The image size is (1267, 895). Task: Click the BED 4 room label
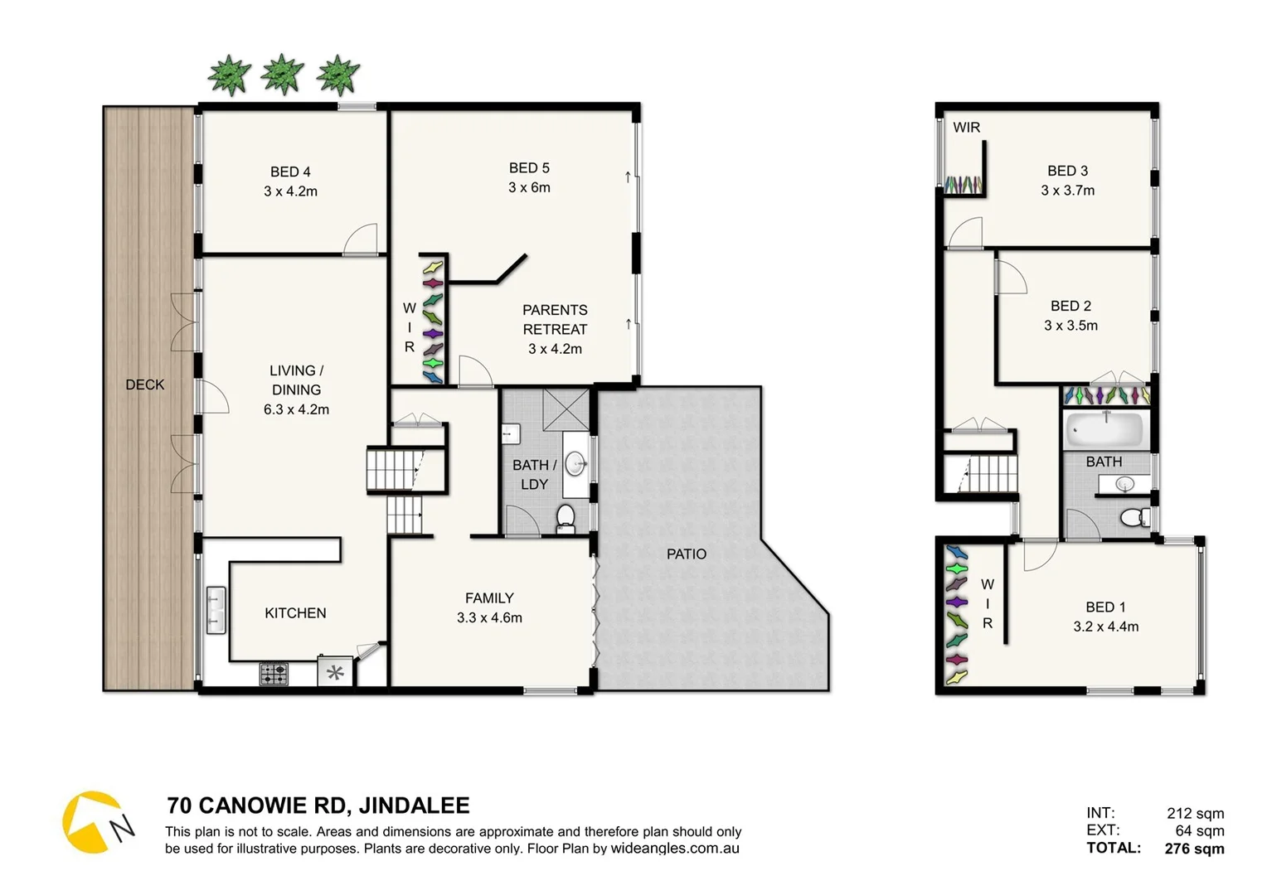(x=290, y=172)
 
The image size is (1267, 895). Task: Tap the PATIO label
(x=687, y=554)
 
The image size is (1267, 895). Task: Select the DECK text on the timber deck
(x=145, y=385)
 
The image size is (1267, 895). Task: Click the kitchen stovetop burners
(x=274, y=673)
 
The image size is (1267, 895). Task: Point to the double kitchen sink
(x=216, y=610)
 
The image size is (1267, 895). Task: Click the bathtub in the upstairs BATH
(x=1104, y=430)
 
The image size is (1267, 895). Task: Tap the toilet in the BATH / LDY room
(x=566, y=518)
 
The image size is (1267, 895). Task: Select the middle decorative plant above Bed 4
(x=283, y=75)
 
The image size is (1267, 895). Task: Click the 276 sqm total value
(x=1194, y=849)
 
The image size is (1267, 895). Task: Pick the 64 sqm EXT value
(x=1199, y=830)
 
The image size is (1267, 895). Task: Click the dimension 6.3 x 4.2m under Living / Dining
(x=296, y=409)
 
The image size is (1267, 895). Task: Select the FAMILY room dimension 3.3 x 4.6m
(x=489, y=617)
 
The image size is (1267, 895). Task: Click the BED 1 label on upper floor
(x=1105, y=607)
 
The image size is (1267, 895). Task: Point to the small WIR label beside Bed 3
(x=966, y=128)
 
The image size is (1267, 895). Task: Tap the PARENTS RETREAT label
(x=555, y=319)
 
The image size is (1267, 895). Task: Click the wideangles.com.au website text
(x=675, y=849)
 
